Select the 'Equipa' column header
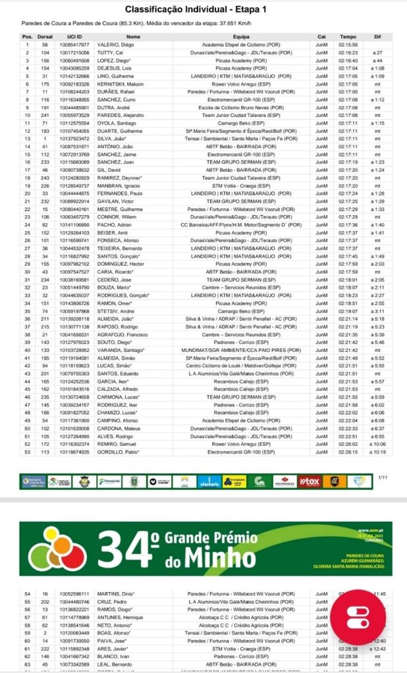click(x=241, y=37)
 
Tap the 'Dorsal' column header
click(x=45, y=37)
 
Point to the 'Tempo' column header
click(x=348, y=37)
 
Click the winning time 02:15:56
click(x=348, y=45)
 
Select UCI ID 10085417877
click(x=74, y=45)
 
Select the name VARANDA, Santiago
click(x=124, y=350)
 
